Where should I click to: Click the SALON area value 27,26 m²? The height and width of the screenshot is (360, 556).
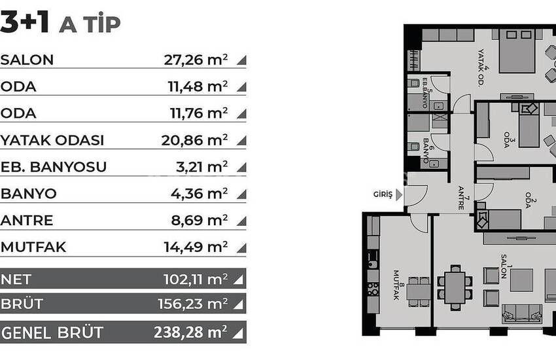pyautogui.click(x=196, y=60)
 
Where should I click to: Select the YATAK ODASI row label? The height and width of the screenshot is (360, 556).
pyautogui.click(x=52, y=141)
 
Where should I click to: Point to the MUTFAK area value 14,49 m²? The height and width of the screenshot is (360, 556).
pyautogui.click(x=196, y=247)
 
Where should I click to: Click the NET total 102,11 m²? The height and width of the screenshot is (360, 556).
pyautogui.click(x=195, y=279)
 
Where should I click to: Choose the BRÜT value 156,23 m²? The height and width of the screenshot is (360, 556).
pyautogui.click(x=192, y=304)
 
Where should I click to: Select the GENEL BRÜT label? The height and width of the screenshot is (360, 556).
pyautogui.click(x=52, y=332)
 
